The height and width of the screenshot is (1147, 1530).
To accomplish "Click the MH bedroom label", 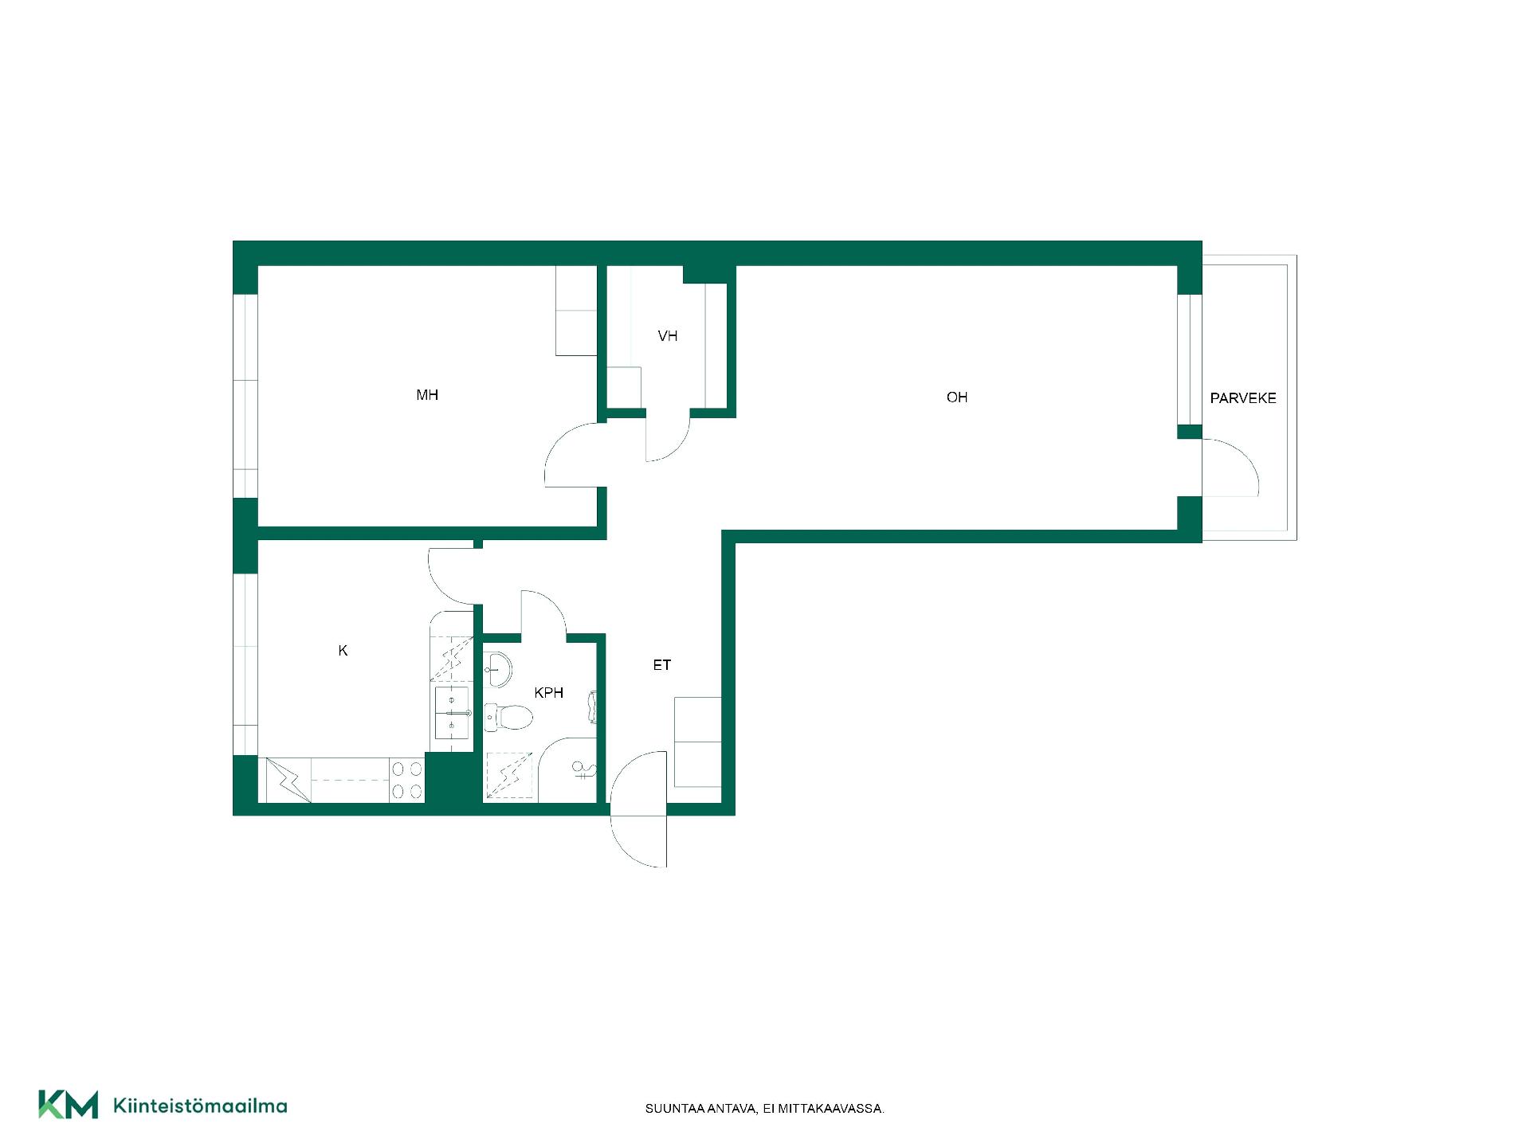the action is point(427,395).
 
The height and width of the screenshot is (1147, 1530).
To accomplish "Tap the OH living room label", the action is point(957,397).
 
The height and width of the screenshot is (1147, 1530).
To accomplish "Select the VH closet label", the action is point(668,336).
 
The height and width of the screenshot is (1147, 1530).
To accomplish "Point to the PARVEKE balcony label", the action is point(1243,398).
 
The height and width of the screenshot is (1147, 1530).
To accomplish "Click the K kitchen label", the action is point(343,651).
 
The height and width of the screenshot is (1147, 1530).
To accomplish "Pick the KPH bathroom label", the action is point(549,693).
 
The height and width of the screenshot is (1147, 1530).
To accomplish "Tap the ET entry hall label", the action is point(662,665).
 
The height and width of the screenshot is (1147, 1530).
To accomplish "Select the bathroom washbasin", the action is point(497,669).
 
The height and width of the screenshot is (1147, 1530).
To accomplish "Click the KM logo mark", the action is point(69,1105).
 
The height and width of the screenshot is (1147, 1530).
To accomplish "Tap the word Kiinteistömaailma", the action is point(200,1106).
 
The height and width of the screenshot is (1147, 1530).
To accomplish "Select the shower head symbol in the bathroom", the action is point(583,769).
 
